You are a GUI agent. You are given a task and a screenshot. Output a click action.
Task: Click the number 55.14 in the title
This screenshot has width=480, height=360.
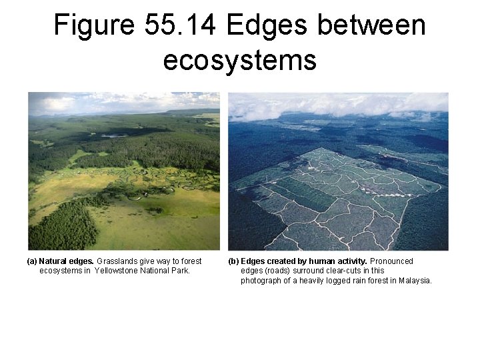coord(179,25)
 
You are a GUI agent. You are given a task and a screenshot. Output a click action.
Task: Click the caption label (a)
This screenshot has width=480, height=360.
coord(31,261)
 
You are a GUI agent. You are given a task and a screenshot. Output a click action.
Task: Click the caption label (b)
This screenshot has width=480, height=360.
coord(233,261)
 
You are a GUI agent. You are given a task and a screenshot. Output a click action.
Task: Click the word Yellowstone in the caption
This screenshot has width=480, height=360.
coord(117,271)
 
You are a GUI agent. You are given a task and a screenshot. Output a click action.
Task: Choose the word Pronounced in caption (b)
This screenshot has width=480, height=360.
coord(391,261)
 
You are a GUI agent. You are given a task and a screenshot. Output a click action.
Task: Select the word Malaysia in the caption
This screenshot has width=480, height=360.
coord(415,281)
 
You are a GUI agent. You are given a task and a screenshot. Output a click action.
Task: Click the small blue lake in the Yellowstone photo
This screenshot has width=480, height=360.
coord(114,135)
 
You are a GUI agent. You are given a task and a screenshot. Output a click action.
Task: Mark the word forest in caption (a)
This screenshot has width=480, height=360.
coord(190,261)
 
